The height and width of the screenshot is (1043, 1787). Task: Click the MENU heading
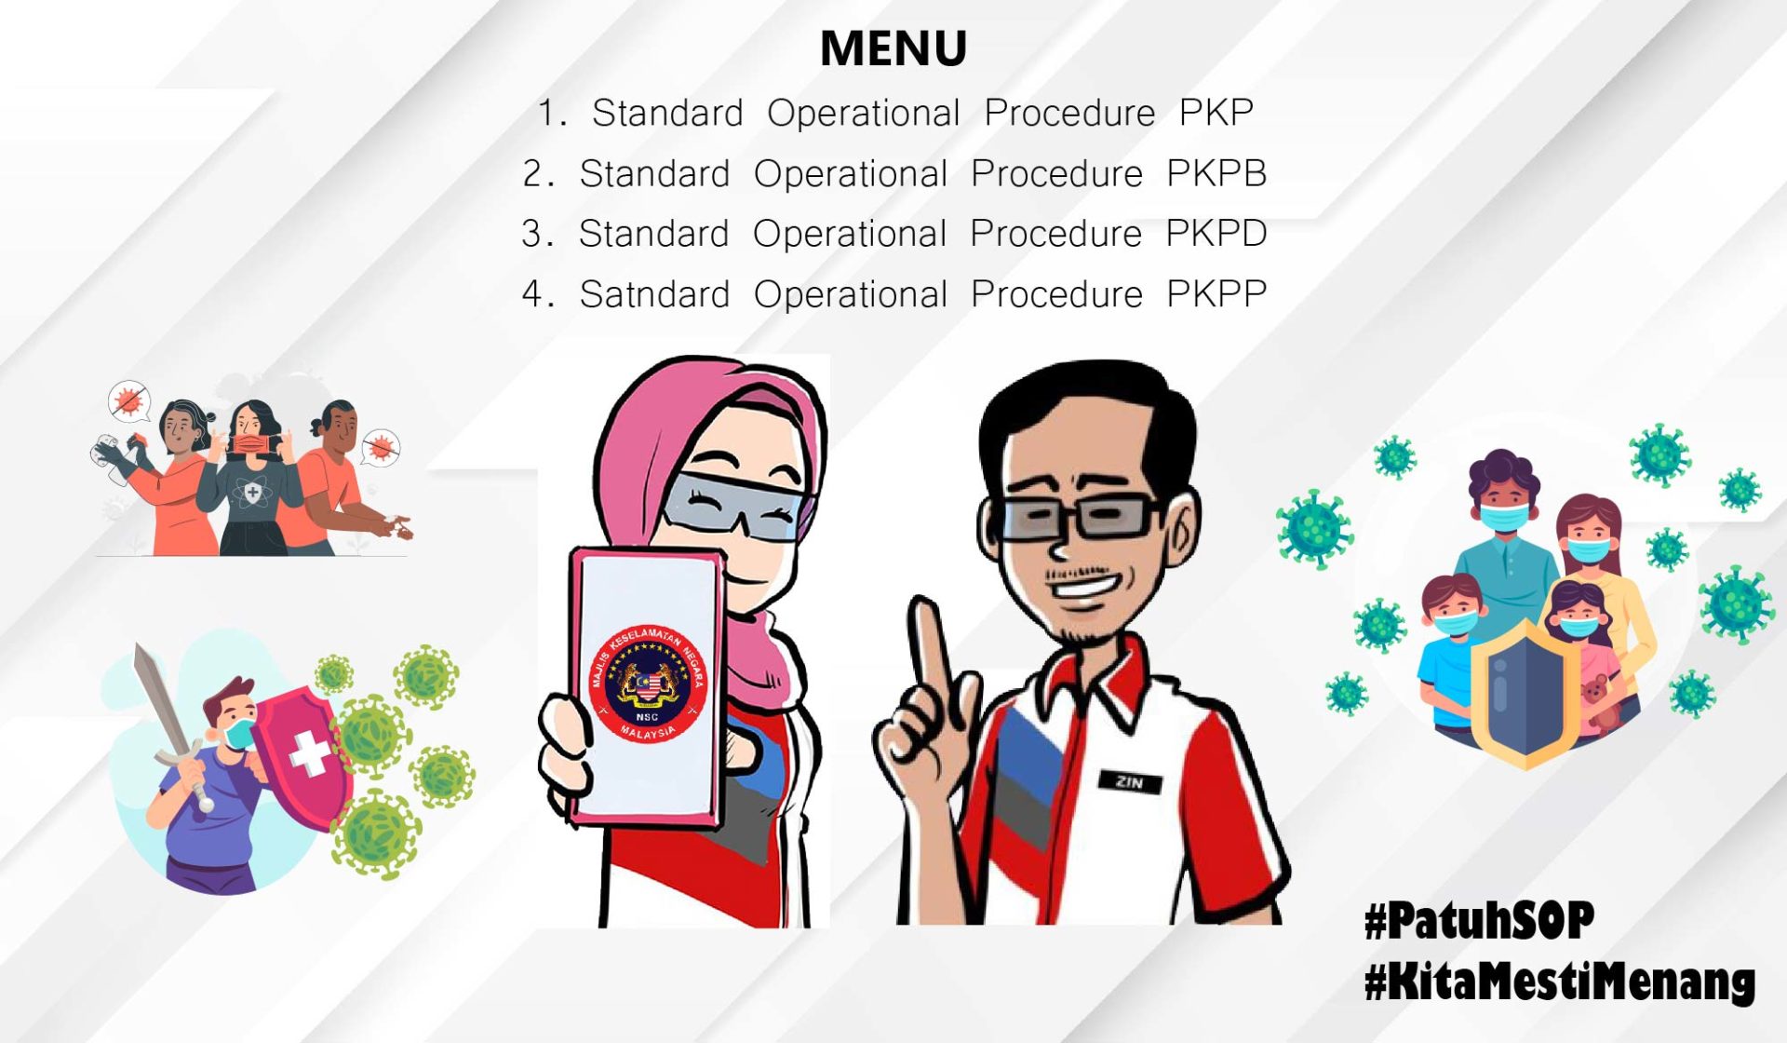pos(893,48)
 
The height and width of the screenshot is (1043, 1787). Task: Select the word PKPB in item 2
pos(1216,173)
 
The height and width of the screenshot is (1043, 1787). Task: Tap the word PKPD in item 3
pos(1216,233)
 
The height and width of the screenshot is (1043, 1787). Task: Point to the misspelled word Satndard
pos(654,294)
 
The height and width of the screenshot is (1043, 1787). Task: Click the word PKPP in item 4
pos(1216,294)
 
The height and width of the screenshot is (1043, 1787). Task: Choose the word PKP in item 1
pos(1216,113)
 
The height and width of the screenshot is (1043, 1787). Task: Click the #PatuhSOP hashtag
pos(1479,920)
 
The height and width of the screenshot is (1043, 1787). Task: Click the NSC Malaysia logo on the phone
pos(648,684)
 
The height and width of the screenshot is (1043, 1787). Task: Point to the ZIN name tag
pos(1130,782)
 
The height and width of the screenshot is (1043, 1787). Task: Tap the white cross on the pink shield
pos(309,752)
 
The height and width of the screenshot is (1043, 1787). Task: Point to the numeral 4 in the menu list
pos(532,294)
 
